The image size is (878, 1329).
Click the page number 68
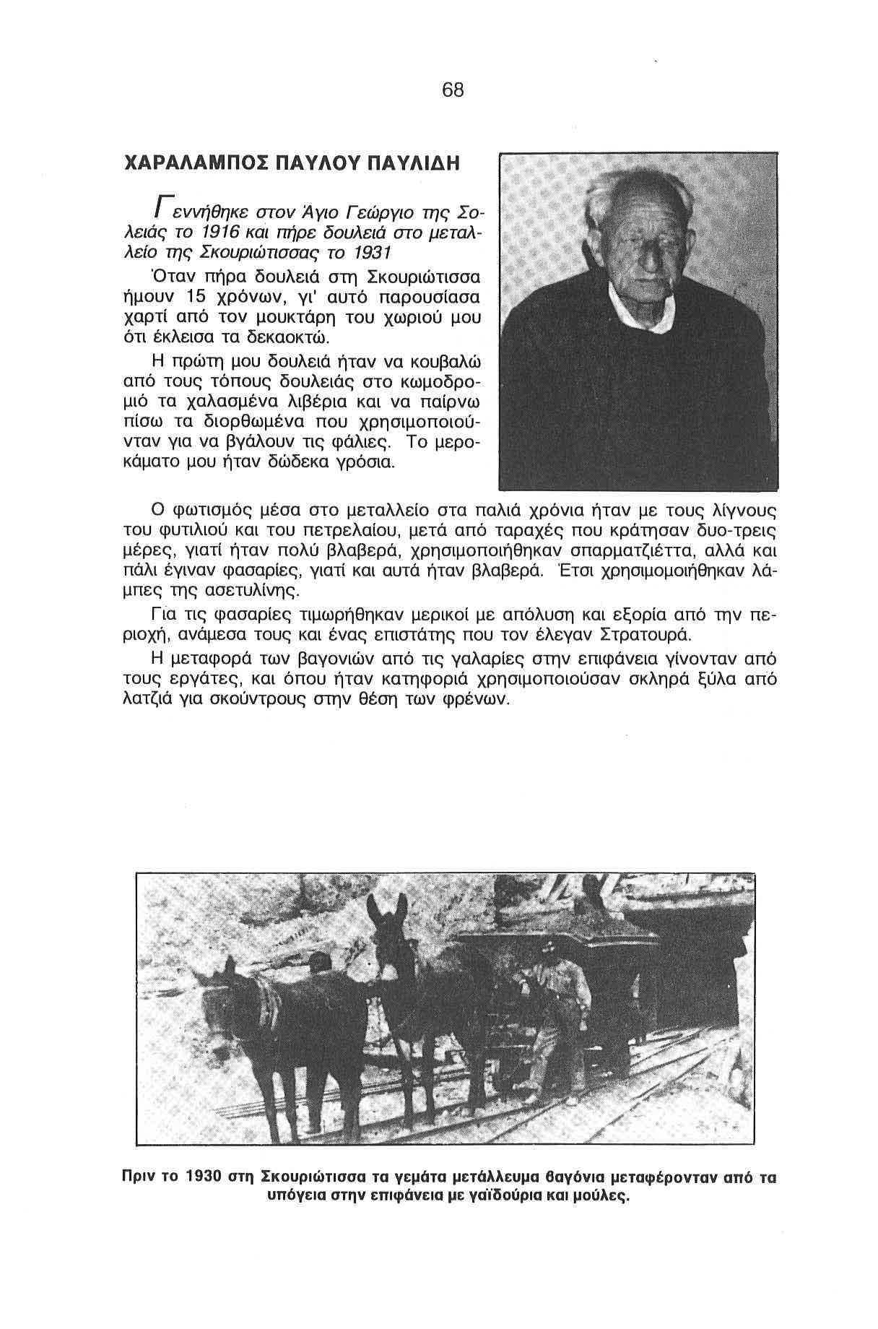(453, 90)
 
